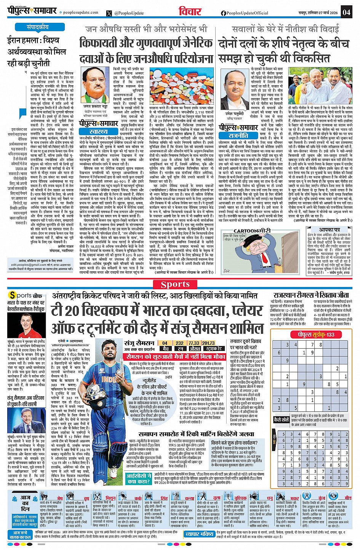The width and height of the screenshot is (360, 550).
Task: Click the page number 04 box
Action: [x=346, y=12]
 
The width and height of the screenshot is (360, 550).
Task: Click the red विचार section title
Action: [x=189, y=12]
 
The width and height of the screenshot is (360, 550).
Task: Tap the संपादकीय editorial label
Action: [x=38, y=27]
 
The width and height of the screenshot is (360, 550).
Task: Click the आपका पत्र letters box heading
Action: [x=329, y=230]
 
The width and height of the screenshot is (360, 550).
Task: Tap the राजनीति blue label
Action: [x=238, y=135]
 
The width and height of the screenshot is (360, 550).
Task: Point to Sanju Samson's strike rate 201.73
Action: [x=208, y=343]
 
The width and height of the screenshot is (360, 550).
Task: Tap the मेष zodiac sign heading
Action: [x=60, y=498]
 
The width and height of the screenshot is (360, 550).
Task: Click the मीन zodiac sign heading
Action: [x=348, y=498]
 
